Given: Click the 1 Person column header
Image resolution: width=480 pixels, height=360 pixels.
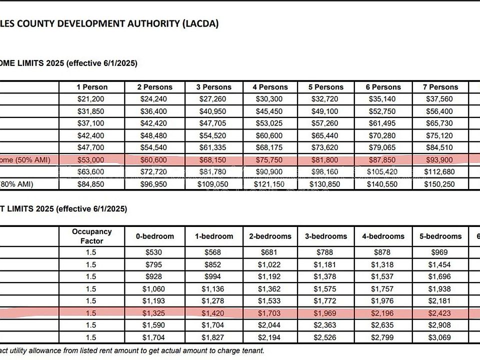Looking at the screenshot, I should (x=92, y=87).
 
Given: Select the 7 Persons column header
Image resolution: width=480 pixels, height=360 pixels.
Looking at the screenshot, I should (x=440, y=87).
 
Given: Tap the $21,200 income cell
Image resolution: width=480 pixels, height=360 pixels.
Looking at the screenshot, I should (x=92, y=99).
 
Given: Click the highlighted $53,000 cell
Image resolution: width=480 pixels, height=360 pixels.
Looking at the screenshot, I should (x=92, y=160).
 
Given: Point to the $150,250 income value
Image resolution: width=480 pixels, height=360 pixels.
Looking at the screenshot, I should (x=440, y=184).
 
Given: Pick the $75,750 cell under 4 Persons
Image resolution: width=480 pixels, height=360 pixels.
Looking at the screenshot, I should (x=270, y=160).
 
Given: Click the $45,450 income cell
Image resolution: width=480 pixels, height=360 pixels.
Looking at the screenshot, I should (x=270, y=111).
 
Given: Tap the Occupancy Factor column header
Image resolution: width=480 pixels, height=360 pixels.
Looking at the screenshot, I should (x=92, y=236).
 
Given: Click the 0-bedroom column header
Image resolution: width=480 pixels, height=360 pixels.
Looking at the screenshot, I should (x=155, y=236).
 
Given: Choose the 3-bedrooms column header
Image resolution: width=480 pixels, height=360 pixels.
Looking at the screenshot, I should (x=326, y=236).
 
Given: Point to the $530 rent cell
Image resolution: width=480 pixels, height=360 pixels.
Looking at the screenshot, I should (x=155, y=252).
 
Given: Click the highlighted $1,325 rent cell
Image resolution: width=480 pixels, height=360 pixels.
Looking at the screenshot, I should (x=155, y=313).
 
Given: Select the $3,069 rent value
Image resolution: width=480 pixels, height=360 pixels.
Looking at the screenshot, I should (x=440, y=337).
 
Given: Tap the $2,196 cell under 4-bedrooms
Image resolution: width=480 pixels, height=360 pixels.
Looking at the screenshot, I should (x=383, y=313).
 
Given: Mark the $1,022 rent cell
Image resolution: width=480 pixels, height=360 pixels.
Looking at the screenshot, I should (x=270, y=265).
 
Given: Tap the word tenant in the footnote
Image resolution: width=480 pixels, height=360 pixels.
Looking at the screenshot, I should (x=250, y=351).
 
